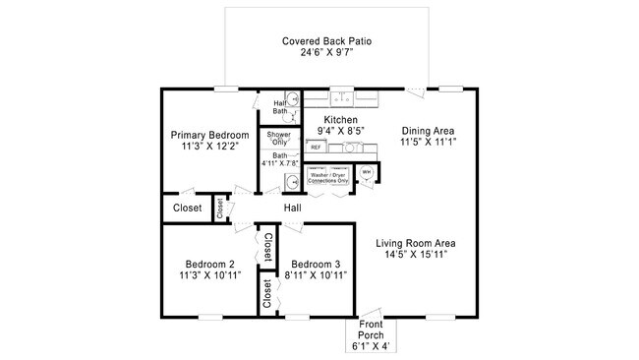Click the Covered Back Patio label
point(326,41)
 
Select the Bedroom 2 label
point(209,264)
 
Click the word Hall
point(293,209)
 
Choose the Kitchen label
point(327,120)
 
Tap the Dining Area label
point(428,130)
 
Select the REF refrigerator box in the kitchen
point(317,148)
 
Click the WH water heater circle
point(368,172)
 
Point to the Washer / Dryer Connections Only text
point(328,178)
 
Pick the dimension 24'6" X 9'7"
point(326,53)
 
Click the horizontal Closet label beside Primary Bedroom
point(187,209)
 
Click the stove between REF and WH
point(351,148)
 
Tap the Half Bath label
point(278,106)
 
